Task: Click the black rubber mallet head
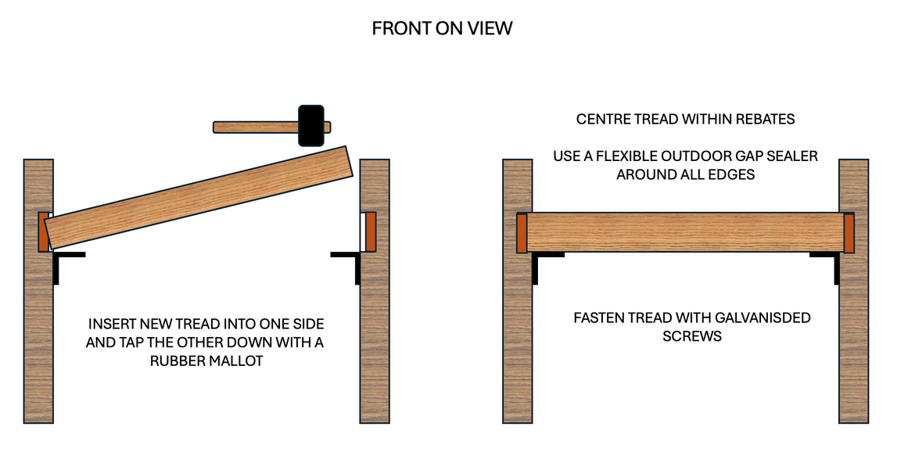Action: coord(311,125)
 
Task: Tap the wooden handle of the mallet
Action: coord(254,127)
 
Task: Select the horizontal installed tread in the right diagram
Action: coord(685,232)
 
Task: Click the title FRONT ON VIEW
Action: coord(442,29)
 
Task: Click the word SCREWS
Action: coord(691,336)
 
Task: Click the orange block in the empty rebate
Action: coord(371,231)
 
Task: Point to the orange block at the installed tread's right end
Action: coord(849,233)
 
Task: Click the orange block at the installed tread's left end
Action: coord(522,233)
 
